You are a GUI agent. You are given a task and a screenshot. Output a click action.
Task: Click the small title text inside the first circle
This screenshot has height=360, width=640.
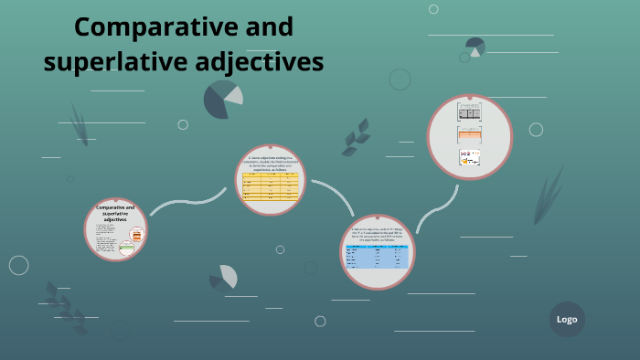115,214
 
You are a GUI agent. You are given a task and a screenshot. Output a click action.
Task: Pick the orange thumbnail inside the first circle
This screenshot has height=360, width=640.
137,235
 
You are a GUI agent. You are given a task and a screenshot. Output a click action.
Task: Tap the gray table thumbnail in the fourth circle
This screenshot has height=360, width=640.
469,112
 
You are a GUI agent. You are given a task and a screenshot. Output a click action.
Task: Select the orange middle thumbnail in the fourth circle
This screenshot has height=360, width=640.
469,135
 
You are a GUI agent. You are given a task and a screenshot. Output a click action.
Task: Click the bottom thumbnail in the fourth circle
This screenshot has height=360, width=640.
469,158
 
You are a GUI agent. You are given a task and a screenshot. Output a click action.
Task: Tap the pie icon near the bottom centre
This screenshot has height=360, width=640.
225,277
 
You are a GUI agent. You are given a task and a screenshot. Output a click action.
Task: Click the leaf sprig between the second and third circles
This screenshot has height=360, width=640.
355,138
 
